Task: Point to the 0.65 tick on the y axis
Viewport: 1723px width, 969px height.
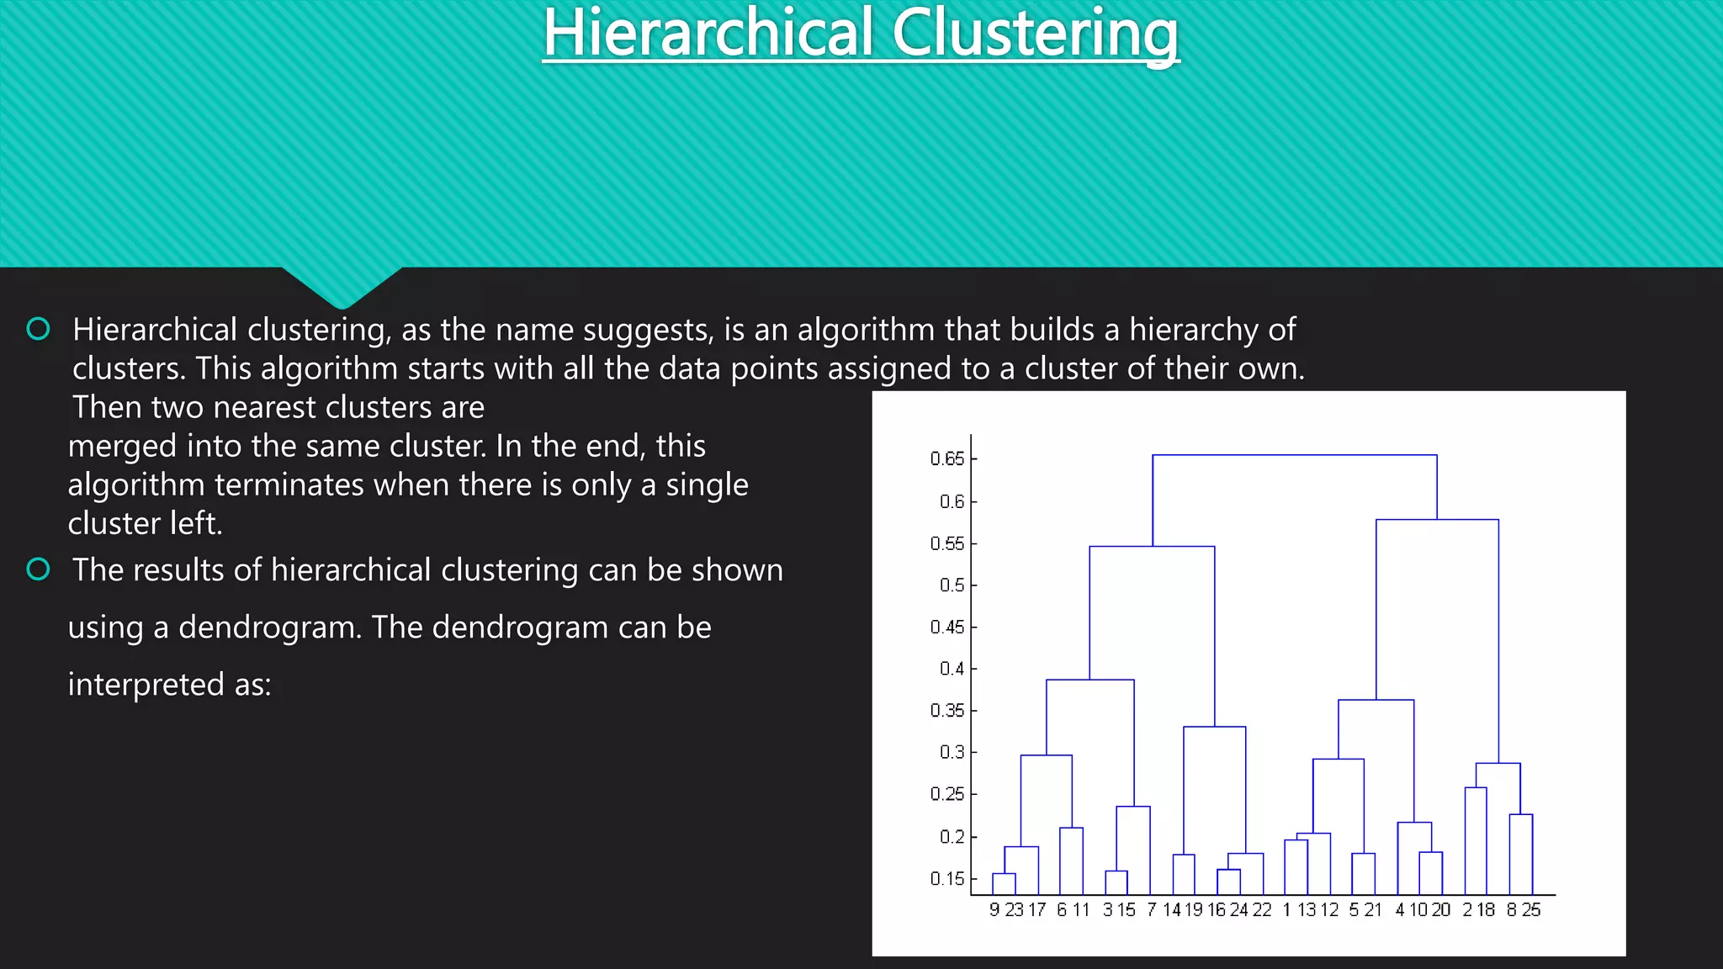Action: (x=947, y=458)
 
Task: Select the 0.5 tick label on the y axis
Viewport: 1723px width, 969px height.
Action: (x=952, y=585)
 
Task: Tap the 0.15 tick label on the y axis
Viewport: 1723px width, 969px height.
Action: (x=947, y=878)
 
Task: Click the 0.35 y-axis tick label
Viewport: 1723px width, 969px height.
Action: (x=947, y=711)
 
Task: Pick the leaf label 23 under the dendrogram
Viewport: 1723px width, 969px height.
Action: (x=1014, y=910)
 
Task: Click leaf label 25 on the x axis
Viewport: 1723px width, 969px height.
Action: (x=1531, y=910)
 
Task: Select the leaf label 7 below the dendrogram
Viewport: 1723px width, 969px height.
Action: (x=1151, y=910)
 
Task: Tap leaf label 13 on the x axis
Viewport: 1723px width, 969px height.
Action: (x=1307, y=910)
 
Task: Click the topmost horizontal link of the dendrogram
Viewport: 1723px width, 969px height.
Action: (x=1294, y=455)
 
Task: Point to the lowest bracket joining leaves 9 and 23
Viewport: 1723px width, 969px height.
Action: (x=1004, y=874)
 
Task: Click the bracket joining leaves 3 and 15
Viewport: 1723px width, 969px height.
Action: (x=1116, y=871)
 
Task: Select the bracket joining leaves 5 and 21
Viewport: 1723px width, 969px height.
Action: (x=1363, y=854)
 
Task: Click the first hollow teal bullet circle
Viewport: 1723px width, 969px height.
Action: (x=39, y=329)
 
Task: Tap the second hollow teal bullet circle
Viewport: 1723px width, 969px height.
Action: (x=39, y=569)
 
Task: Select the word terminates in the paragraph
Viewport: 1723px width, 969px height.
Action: (x=289, y=484)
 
